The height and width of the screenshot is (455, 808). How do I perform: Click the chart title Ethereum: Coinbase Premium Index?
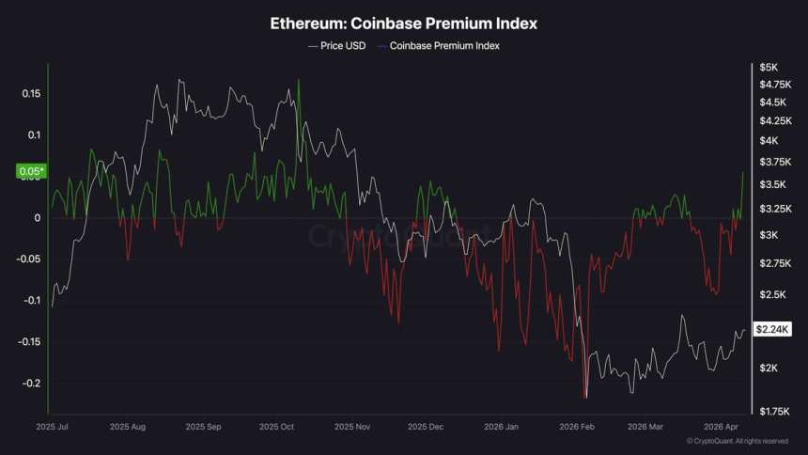tap(403, 23)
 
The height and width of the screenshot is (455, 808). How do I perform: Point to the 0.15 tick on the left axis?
tap(31, 94)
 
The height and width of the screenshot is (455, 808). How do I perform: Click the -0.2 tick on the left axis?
tap(30, 383)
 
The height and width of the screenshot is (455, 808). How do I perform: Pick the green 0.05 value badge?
tap(31, 171)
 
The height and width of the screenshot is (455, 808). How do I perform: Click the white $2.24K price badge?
tap(773, 329)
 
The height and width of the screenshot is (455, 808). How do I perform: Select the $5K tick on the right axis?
tap(769, 68)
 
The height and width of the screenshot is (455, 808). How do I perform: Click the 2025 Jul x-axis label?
tap(52, 426)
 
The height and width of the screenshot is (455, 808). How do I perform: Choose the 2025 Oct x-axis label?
tap(277, 426)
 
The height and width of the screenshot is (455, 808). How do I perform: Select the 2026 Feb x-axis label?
tap(577, 426)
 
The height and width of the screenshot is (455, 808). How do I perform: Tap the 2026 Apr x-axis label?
tap(723, 426)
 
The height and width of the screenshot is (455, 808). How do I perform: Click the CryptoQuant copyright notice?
tap(738, 441)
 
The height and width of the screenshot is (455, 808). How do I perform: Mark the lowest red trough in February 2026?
tap(585, 398)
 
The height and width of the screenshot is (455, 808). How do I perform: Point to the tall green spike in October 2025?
tap(299, 81)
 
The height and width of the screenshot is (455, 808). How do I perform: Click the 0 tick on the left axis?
tap(38, 218)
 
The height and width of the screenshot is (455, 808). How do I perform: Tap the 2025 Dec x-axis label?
tap(426, 426)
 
